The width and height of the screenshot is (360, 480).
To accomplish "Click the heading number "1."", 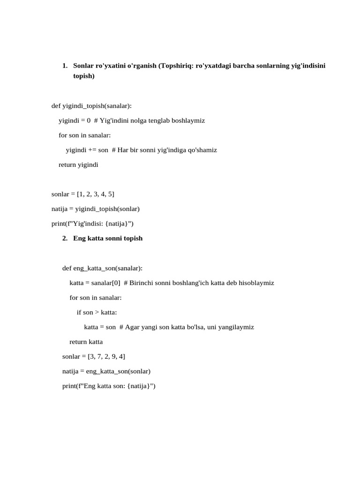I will point(65,66).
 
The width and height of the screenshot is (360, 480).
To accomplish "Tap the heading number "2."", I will point(65,238).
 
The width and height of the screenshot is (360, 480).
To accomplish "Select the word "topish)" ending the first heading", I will point(84,75).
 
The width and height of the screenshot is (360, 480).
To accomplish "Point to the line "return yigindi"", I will point(78,165).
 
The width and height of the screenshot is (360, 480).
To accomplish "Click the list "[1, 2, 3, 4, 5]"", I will point(96,194).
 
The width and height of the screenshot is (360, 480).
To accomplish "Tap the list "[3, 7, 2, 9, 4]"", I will point(106,356).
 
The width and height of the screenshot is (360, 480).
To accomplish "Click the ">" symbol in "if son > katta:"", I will point(97,312).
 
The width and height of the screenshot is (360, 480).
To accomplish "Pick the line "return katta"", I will point(86,342).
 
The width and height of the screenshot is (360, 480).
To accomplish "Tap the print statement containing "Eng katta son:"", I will point(109,386).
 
